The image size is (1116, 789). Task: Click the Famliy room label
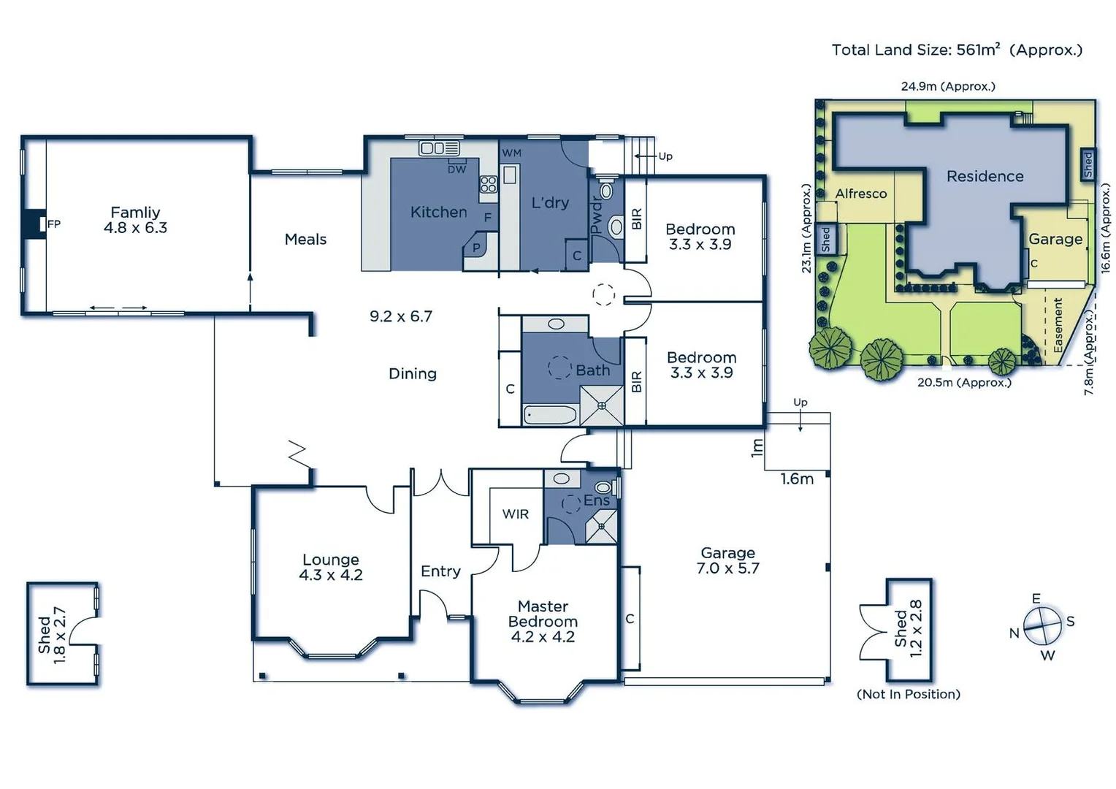tap(135, 220)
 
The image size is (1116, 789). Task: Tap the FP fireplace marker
tap(54, 224)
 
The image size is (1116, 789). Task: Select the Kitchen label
tap(438, 213)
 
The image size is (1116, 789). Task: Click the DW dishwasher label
tap(456, 169)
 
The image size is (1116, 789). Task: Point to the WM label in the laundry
tap(511, 153)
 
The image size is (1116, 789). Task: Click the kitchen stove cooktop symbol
tap(488, 184)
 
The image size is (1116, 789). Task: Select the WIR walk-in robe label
tap(515, 514)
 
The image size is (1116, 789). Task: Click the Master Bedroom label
tap(543, 622)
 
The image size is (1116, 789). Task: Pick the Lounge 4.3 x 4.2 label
tap(330, 568)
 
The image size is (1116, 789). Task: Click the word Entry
tap(440, 571)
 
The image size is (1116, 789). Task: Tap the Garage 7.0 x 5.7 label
tap(727, 561)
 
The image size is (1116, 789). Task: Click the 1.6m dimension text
tap(797, 479)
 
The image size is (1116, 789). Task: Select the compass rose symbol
tap(1042, 626)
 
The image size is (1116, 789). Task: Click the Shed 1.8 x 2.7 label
tap(52, 635)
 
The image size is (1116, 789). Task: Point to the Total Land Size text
tap(956, 50)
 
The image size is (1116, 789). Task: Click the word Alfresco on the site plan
tap(861, 194)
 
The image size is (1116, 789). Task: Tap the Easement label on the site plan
tap(1058, 325)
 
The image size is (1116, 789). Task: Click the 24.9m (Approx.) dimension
tap(947, 86)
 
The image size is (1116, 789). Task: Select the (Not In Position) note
tap(908, 694)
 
